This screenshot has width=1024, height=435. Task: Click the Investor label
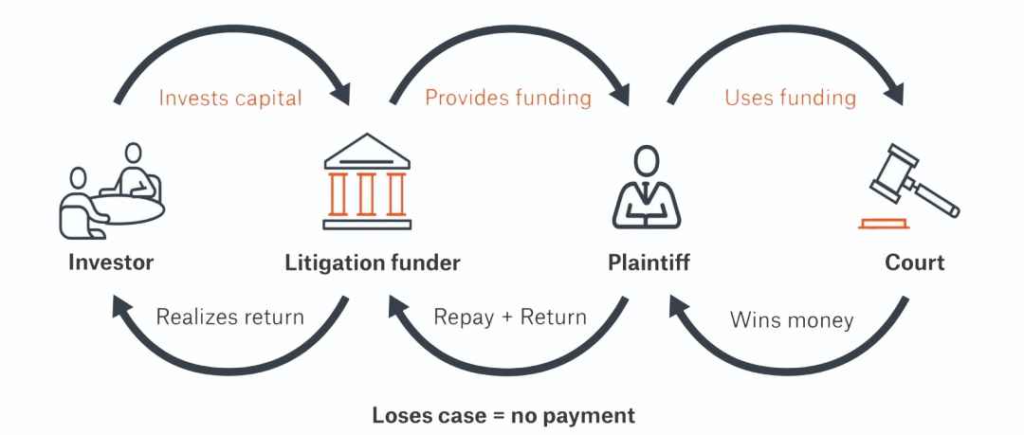coord(110,263)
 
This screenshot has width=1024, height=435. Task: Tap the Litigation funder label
coord(373,263)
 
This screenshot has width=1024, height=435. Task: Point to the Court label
coord(915,263)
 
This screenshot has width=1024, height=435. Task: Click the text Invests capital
coord(230,99)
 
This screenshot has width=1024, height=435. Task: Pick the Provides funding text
coord(508,99)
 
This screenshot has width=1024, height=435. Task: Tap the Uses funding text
coord(791,99)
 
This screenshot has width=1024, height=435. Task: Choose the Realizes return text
coord(230,317)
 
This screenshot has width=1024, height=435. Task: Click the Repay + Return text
coord(510,317)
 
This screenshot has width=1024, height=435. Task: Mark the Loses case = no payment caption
coord(503,415)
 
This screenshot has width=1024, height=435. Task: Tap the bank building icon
coord(366,182)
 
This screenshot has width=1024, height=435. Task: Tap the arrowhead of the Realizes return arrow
coord(121,305)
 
